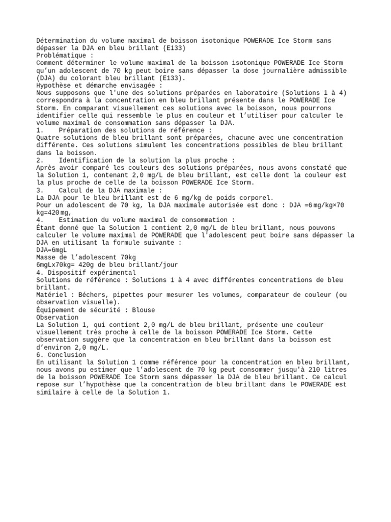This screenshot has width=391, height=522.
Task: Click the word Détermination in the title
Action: point(61,40)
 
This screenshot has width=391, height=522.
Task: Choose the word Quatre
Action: point(48,138)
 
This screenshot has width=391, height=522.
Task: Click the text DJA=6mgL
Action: point(51,250)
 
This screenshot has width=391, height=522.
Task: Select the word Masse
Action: point(46,258)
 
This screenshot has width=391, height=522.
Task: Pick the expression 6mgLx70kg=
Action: point(57,265)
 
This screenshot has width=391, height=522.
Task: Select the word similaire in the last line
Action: point(55,393)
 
